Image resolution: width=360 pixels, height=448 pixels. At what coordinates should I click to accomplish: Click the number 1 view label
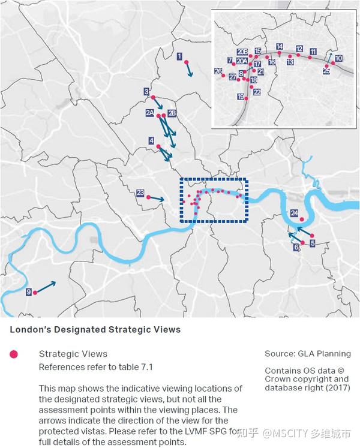tap(179, 56)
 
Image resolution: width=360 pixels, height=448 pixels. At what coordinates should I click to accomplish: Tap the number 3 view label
tap(146, 92)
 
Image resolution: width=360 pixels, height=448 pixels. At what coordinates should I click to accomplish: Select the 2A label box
tap(150, 112)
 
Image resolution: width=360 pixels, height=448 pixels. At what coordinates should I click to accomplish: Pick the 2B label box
tap(172, 113)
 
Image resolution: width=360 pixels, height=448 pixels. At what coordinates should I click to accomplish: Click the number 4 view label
tap(151, 140)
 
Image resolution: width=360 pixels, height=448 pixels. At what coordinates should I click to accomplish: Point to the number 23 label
tap(140, 193)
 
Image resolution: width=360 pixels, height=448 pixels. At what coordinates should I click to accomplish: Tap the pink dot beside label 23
tap(148, 196)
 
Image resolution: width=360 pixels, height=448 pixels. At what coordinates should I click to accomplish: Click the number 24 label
tap(294, 213)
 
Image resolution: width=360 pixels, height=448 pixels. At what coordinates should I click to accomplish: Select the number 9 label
tap(28, 292)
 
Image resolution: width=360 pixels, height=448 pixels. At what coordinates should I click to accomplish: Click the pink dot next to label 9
tap(35, 293)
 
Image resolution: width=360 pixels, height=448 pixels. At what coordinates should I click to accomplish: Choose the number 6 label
tap(296, 246)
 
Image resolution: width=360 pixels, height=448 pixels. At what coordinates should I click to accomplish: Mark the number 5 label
tap(313, 243)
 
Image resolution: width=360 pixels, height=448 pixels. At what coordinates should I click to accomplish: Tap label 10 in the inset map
tap(338, 58)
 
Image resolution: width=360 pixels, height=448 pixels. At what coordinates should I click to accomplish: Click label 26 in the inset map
tap(218, 71)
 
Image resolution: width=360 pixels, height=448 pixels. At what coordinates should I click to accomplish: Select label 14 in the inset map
tap(280, 46)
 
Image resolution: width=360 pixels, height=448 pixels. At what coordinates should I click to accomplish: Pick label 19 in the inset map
tap(241, 97)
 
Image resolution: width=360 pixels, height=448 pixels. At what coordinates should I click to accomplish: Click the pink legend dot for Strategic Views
tap(14, 354)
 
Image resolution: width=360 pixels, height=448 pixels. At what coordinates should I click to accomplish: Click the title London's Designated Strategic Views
tap(95, 330)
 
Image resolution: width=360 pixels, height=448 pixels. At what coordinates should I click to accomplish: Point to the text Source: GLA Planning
tap(308, 354)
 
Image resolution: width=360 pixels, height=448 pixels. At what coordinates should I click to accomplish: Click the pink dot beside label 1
tap(187, 62)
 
